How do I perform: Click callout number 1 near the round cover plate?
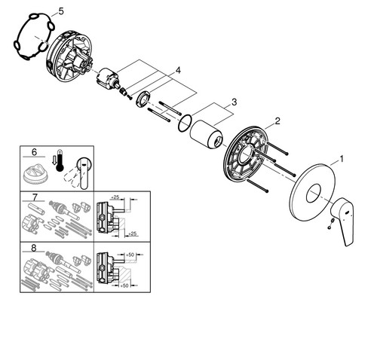[x=342, y=159]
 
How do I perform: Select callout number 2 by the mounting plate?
[x=277, y=121]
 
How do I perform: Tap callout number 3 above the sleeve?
[x=234, y=102]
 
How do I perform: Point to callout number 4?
[x=178, y=70]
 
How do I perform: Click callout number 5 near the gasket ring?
[x=61, y=11]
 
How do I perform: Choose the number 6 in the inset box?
[x=34, y=152]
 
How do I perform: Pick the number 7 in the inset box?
[x=35, y=197]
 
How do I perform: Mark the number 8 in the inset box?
[x=34, y=248]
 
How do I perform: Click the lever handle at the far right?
[x=343, y=220]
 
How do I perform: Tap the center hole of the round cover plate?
[x=314, y=193]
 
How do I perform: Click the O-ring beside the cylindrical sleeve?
[x=185, y=123]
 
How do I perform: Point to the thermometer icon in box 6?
[x=60, y=160]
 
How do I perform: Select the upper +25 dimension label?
[x=115, y=197]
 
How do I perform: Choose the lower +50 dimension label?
[x=124, y=285]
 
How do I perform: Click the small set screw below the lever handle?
[x=330, y=224]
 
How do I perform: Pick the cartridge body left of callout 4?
[x=108, y=78]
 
